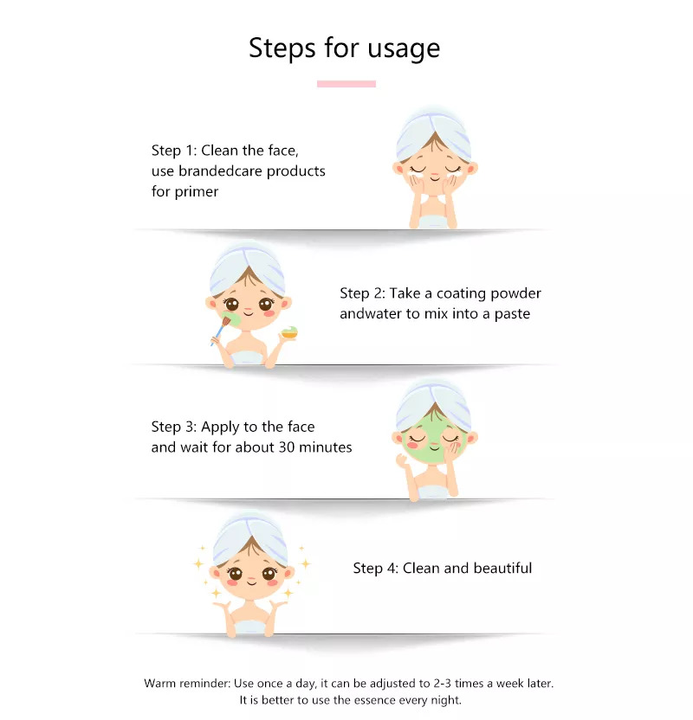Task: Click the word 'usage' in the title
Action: pos(404,48)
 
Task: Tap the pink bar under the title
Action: pos(346,84)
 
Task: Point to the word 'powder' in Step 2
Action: pos(515,293)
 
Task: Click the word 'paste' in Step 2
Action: pos(512,314)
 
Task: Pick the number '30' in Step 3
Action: pos(287,447)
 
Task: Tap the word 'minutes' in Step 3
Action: pos(326,447)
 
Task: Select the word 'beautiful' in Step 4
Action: pos(502,568)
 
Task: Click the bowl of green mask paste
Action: pos(289,332)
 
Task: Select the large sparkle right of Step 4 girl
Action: pos(306,563)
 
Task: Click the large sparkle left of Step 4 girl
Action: pos(198,563)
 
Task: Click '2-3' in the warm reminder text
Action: pos(442,684)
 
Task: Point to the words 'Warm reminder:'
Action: pos(187,684)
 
